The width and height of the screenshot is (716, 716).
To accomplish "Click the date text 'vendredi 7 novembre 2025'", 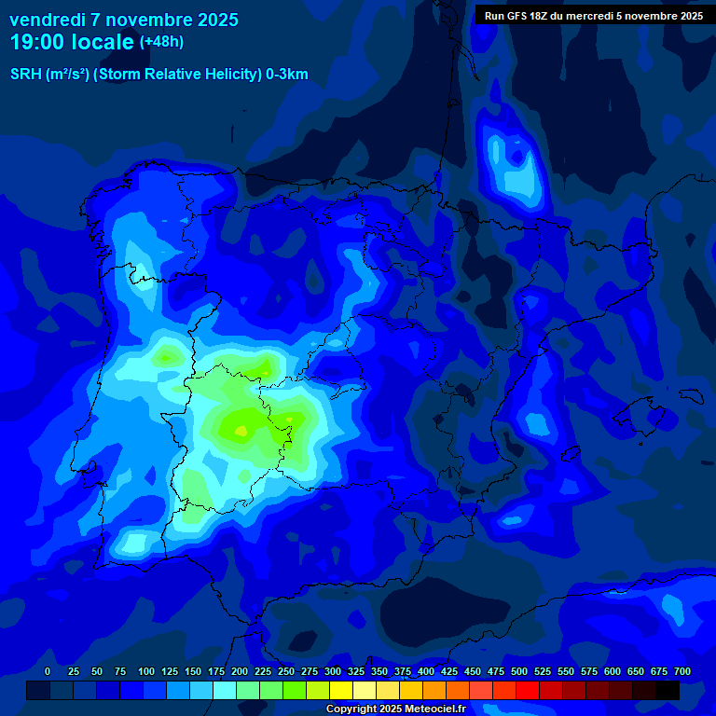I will [x=123, y=20].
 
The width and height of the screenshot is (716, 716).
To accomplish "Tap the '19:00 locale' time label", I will [x=72, y=42].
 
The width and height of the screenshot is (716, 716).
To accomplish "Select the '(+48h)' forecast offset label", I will [x=161, y=42].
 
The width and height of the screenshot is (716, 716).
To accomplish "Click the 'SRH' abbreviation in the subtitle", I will [x=25, y=75].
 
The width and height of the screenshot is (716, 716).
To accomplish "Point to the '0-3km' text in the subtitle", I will [x=286, y=75].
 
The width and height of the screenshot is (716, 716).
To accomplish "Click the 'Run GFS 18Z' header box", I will [x=594, y=16].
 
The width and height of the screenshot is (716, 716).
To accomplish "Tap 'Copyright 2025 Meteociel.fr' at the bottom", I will [x=395, y=709].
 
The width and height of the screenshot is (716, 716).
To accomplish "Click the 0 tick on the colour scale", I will [x=48, y=671].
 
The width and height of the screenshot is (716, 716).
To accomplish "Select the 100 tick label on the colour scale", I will [x=146, y=671].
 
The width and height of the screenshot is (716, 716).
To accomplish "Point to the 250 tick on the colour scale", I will [x=286, y=671].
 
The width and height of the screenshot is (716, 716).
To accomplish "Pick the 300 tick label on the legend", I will [x=333, y=671].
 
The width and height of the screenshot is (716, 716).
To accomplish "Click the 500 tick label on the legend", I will [x=519, y=671].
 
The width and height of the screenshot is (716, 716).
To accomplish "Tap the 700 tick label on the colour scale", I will [x=682, y=671].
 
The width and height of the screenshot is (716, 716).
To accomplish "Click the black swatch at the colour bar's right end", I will [x=668, y=690].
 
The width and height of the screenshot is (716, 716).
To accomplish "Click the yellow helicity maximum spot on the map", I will [x=241, y=430].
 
